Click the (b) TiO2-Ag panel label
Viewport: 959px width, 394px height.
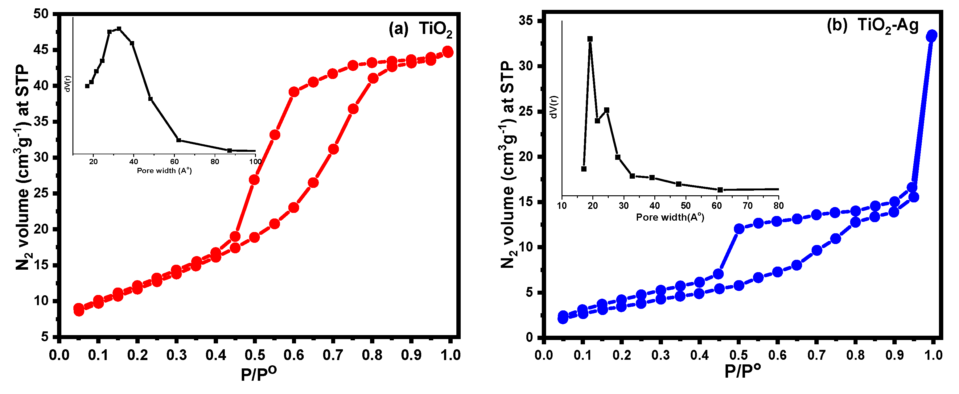click(x=872, y=25)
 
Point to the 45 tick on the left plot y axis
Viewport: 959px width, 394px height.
click(x=41, y=50)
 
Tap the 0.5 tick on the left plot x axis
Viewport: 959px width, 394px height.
click(x=255, y=355)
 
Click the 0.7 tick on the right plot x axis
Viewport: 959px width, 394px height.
click(x=817, y=355)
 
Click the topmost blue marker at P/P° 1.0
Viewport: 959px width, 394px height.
click(x=932, y=36)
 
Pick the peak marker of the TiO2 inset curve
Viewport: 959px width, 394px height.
click(x=119, y=29)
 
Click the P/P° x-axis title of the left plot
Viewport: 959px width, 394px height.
click(x=258, y=374)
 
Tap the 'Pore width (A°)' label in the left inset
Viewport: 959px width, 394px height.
click(x=164, y=171)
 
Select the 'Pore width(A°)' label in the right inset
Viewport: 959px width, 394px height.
click(x=670, y=217)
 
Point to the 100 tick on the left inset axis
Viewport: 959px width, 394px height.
click(x=255, y=162)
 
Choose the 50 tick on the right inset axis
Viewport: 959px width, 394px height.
click(x=685, y=205)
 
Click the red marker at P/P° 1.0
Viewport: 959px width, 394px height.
click(x=448, y=52)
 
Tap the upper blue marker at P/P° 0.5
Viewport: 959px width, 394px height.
click(x=739, y=229)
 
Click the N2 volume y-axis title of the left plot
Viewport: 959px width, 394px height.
click(x=23, y=168)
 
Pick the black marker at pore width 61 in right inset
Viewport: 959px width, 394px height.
click(x=720, y=190)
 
